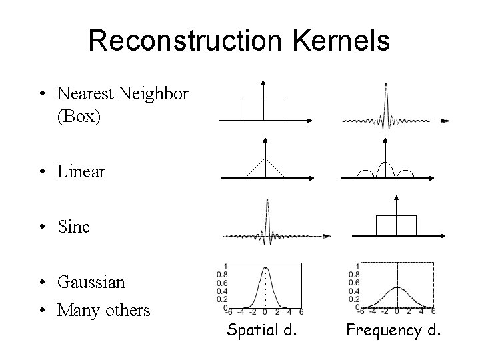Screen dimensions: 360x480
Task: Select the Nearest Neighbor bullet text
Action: pos(123,93)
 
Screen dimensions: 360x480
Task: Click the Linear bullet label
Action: pos(81,171)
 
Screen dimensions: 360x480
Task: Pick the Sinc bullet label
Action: pos(73,227)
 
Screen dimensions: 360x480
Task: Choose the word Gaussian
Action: pos(91,282)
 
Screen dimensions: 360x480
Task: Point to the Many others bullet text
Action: pos(103,310)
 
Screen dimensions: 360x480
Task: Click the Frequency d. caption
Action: pos(393,329)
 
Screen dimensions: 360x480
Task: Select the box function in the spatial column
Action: pos(263,110)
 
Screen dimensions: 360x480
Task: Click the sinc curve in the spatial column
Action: pos(267,223)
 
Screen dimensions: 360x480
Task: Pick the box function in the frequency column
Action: pos(396,225)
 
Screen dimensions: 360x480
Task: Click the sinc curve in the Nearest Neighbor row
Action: pos(387,107)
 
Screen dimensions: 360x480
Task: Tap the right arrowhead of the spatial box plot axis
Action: pos(311,121)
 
